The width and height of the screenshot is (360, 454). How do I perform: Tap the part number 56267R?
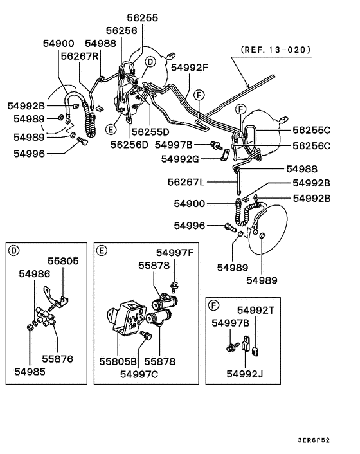pos(80,56)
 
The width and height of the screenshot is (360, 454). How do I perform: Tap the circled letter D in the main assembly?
pos(150,62)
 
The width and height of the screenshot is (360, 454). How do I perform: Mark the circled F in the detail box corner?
pos(214,304)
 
